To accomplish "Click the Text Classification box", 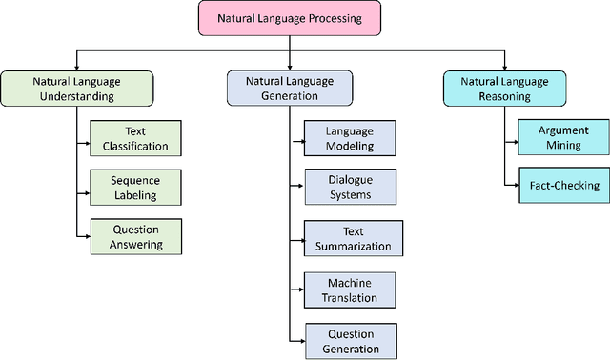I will (x=134, y=138).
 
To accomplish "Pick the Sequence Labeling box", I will (x=134, y=188).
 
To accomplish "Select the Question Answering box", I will (x=134, y=236).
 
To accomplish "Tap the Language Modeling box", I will (x=349, y=138).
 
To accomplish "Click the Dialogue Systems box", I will (x=349, y=185).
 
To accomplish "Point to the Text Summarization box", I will (x=349, y=238).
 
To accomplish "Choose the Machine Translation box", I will (x=349, y=290).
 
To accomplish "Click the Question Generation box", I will (x=349, y=341).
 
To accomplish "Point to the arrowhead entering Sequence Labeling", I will (x=87, y=186).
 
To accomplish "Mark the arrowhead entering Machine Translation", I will (x=300, y=290).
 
